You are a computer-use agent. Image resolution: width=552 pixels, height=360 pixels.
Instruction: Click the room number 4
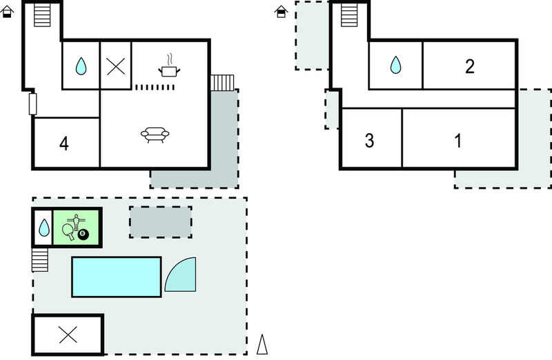pos(64,143)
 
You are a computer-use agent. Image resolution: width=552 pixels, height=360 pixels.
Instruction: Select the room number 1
pos(458,141)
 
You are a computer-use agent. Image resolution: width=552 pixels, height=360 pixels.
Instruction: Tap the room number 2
pos(470,66)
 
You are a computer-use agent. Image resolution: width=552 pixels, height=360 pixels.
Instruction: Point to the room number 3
pos(369,141)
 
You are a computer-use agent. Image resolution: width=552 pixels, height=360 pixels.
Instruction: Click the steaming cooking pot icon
pos(169,66)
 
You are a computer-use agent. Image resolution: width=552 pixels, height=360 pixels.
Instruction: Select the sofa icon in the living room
pos(155,135)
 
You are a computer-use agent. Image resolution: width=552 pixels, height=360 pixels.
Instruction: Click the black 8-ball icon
pos(83,234)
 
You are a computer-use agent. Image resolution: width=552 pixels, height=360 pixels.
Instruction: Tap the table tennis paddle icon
pos(69,232)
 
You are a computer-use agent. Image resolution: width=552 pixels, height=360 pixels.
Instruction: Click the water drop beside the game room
pos(44,228)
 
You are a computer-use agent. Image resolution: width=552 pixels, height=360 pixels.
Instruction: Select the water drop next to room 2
pos(395,65)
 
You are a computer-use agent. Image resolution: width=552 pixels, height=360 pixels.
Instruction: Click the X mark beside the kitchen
pos(116,66)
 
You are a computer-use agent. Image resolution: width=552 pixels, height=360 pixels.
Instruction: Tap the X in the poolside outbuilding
pos(68,334)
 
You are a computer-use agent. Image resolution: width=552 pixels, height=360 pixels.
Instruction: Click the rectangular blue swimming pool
pos(117,277)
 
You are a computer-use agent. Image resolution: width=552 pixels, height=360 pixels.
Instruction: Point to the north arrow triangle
pos(262,344)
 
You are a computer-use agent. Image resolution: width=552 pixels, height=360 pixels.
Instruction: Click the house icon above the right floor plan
pos(281,12)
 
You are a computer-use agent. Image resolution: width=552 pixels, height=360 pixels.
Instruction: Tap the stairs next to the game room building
pos(40,260)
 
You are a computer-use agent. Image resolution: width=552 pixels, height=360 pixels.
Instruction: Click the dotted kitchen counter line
pos(155,88)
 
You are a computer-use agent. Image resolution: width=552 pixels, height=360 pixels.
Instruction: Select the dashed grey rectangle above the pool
pos(161,222)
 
